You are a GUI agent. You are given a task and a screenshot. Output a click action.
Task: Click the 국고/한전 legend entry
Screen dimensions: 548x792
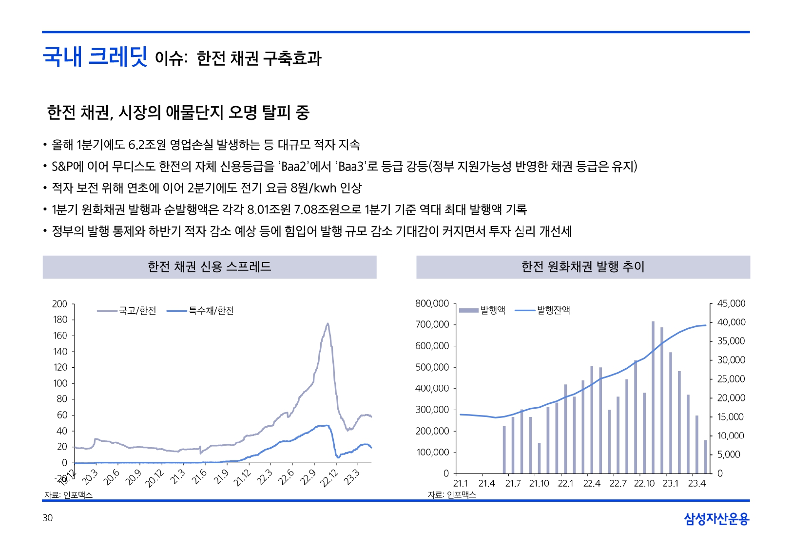tap(127, 311)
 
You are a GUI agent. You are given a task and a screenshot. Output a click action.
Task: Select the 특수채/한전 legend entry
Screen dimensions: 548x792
tap(200, 311)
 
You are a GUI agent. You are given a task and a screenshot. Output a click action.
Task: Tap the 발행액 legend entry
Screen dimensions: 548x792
tap(483, 310)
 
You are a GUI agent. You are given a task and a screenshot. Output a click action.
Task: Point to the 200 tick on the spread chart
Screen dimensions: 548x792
tap(59, 304)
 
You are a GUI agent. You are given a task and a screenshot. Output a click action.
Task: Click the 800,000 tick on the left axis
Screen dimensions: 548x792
tap(432, 303)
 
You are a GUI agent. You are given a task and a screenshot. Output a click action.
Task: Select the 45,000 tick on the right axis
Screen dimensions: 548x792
tap(731, 303)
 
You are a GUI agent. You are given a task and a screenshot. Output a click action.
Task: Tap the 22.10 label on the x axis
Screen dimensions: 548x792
tap(644, 484)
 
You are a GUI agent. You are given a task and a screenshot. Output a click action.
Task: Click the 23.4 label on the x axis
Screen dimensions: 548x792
tap(696, 484)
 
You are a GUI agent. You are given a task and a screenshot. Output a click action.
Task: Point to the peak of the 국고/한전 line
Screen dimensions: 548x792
tap(328, 323)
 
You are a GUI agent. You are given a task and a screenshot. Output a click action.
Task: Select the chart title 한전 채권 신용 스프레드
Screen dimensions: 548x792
tap(210, 267)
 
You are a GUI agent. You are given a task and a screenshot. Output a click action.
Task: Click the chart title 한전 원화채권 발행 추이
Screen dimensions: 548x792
tap(583, 267)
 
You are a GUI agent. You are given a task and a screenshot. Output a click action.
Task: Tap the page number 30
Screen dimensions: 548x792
tap(47, 518)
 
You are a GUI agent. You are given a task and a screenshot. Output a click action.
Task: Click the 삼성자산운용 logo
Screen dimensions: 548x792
tap(716, 519)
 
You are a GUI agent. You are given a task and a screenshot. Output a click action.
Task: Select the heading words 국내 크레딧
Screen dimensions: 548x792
tap(95, 57)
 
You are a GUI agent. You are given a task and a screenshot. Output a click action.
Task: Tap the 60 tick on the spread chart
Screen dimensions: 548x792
tap(62, 415)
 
